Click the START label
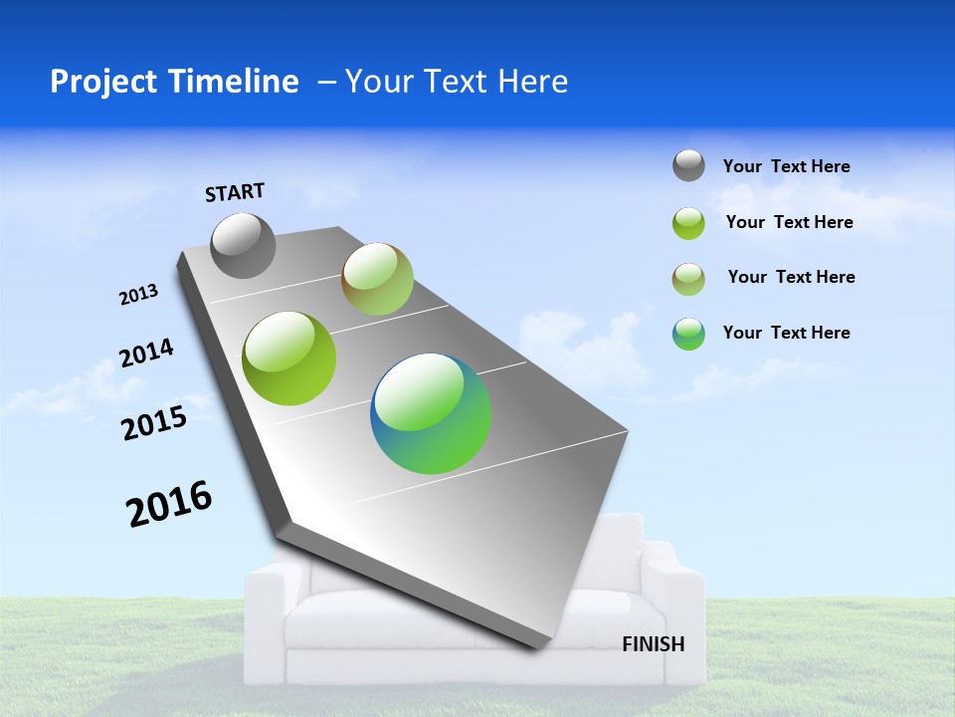235,192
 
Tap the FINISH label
654,644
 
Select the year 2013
139,295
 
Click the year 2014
147,354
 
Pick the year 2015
154,424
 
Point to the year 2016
170,504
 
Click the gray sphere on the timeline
243,245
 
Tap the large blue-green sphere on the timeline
431,413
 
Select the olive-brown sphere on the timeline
377,279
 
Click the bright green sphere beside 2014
289,358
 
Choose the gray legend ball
688,165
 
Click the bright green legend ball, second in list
688,223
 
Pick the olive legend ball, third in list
688,279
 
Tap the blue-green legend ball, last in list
688,334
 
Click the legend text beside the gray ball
786,166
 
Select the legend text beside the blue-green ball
786,333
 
